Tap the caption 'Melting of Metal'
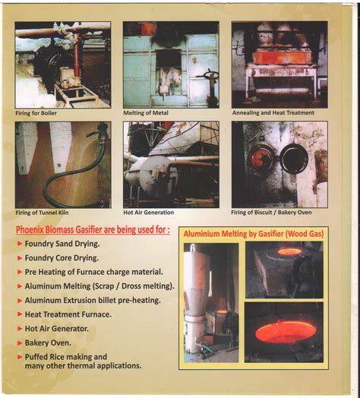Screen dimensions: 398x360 coord(147,112)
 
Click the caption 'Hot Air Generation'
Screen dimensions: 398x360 coord(149,212)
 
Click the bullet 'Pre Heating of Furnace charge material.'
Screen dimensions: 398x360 coord(94,272)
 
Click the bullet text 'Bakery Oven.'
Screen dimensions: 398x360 coord(50,343)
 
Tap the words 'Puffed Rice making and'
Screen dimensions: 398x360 coord(66,356)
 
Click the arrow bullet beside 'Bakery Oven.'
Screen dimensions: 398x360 coord(19,343)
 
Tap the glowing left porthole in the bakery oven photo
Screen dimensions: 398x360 coord(261,160)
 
